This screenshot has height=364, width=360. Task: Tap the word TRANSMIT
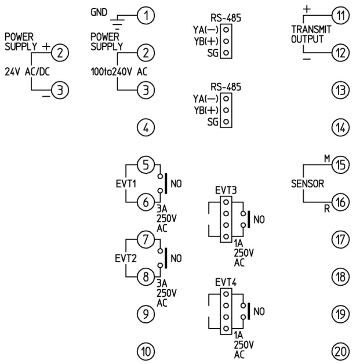(x=306, y=32)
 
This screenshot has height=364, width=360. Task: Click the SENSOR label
(x=307, y=184)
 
